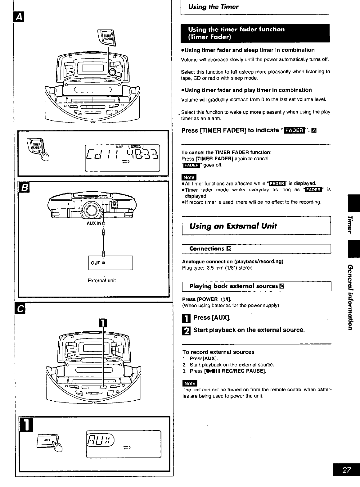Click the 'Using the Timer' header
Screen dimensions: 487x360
(214, 7)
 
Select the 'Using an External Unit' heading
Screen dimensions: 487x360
(233, 226)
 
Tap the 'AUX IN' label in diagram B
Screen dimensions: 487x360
(95, 223)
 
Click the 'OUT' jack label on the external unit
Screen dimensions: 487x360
(96, 263)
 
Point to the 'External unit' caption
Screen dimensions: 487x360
(102, 280)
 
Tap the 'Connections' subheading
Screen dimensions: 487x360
(207, 249)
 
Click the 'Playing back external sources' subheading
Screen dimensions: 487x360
(233, 286)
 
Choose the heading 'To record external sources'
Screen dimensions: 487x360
(218, 352)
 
